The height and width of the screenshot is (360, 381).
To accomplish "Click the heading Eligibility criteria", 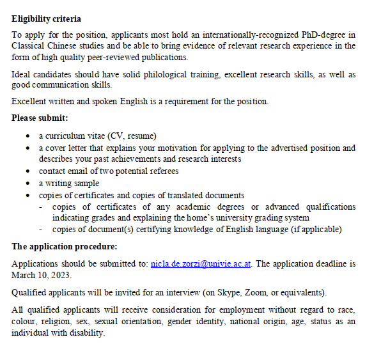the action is pyautogui.click(x=46, y=19).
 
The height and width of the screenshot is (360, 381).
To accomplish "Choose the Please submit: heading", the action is pyautogui.click(x=40, y=118).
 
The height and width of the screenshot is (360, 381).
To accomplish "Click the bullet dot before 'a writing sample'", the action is pyautogui.click(x=27, y=183).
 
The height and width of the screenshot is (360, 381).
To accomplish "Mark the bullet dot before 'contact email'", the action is pyautogui.click(x=27, y=171).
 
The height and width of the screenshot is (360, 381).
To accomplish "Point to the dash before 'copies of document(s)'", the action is pyautogui.click(x=42, y=230).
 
